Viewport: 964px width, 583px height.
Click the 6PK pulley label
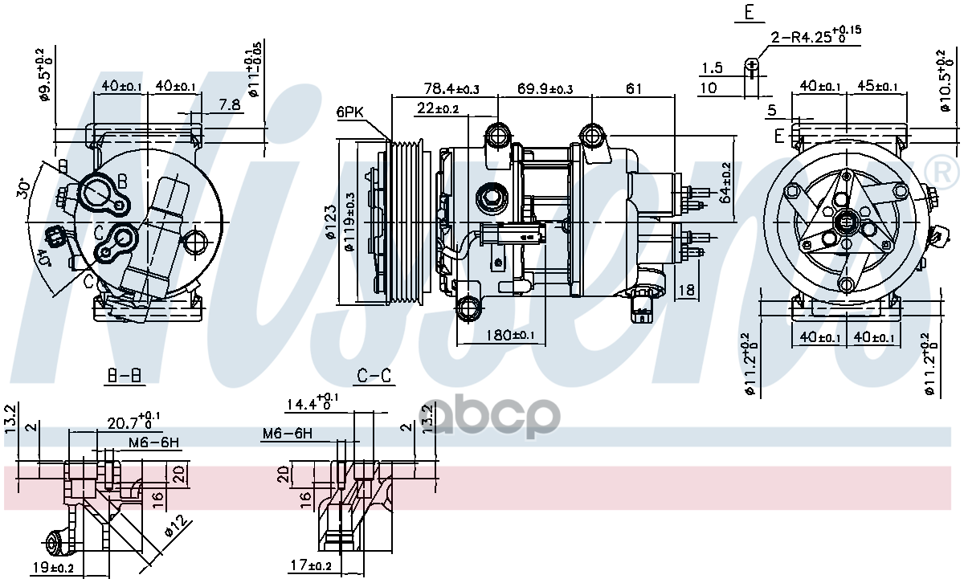350,113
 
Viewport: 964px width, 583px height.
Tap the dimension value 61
634,88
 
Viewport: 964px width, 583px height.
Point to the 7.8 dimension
229,104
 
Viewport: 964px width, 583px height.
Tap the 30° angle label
26,190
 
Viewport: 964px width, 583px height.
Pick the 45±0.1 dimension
874,86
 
